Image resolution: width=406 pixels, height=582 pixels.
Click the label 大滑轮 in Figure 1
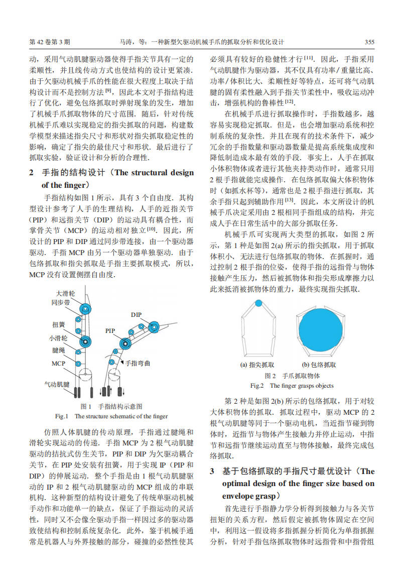tap(65, 293)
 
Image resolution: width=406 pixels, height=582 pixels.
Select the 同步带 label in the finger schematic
tap(61, 303)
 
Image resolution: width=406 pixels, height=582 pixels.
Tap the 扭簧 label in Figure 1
tap(59, 324)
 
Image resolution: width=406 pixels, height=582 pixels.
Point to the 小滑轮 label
tap(59, 338)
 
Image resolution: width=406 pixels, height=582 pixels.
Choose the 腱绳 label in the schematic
tap(59, 350)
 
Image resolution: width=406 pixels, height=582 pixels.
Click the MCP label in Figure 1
tap(58, 363)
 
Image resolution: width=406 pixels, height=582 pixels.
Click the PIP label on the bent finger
tap(110, 331)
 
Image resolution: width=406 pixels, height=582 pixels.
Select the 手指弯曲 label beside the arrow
tap(138, 363)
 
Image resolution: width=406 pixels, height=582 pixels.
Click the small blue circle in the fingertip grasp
tap(258, 303)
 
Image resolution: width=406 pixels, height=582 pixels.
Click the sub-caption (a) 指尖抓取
tap(257, 365)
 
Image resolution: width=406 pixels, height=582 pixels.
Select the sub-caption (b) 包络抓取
tap(319, 365)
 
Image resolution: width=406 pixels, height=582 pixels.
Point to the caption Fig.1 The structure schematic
tap(111, 416)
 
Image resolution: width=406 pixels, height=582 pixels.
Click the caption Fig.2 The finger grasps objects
tap(292, 386)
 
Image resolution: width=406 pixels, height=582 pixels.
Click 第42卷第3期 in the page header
tap(50, 41)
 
